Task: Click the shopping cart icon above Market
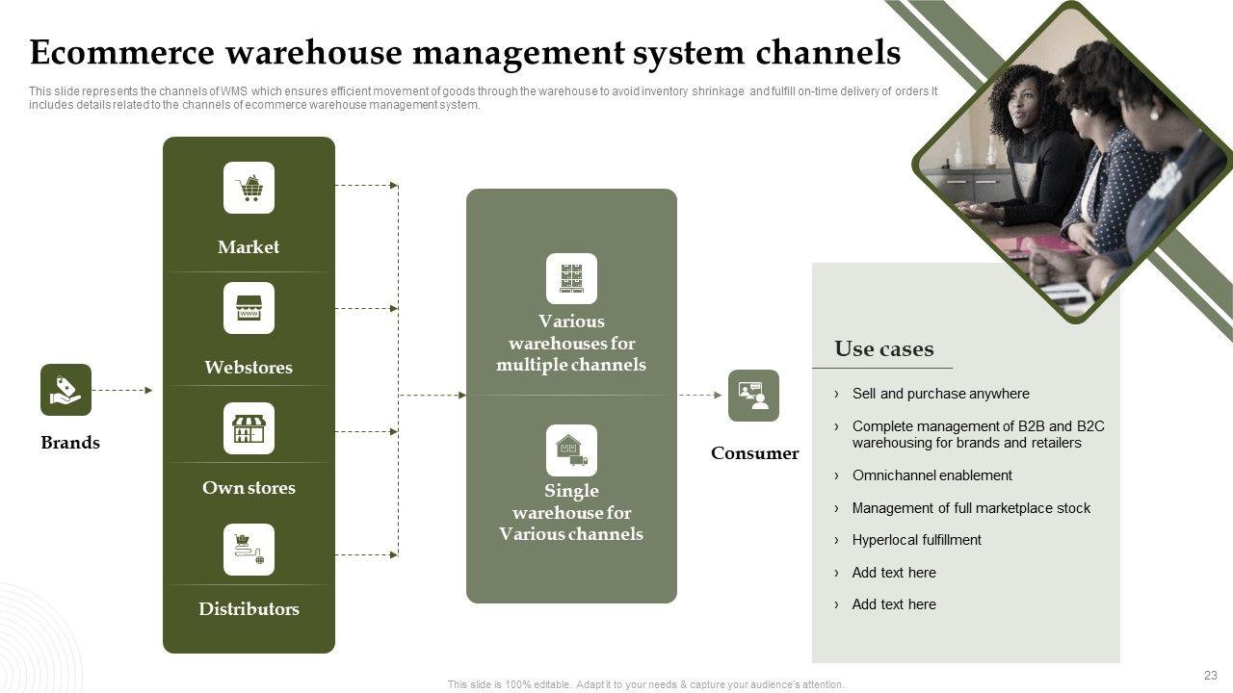249,188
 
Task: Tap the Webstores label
249,368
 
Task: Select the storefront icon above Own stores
249,428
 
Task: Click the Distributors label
249,609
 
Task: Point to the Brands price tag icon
66,390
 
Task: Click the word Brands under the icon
70,443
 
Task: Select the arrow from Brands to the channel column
122,390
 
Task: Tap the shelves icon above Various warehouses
571,278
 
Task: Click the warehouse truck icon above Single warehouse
571,449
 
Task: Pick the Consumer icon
753,395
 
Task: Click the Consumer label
754,453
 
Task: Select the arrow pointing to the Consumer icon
700,395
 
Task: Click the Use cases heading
883,349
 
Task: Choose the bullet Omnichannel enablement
931,475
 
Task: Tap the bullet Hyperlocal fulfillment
916,540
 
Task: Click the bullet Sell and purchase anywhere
940,394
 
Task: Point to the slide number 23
1211,676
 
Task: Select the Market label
249,247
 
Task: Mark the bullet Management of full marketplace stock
971,508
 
